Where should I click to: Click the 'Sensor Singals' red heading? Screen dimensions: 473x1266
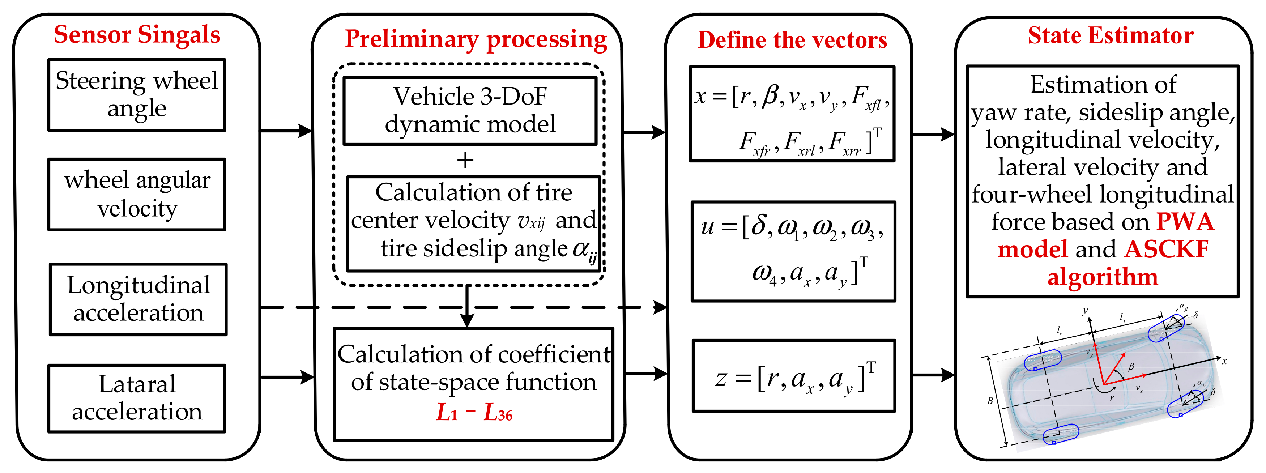point(137,35)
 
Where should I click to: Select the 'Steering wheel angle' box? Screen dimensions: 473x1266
point(137,95)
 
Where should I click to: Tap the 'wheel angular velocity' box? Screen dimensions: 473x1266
point(137,194)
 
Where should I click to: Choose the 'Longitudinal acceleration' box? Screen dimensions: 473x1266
point(138,299)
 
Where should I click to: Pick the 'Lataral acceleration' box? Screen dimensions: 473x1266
point(137,398)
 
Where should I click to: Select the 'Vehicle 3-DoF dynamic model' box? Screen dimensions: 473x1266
point(470,111)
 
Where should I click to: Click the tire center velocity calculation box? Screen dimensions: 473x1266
point(474,224)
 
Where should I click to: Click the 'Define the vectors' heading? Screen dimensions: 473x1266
point(792,40)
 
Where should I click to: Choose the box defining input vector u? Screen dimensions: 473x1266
point(793,251)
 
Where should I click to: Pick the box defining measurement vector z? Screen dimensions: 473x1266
point(793,376)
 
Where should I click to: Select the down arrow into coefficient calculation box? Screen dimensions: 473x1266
point(467,320)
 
